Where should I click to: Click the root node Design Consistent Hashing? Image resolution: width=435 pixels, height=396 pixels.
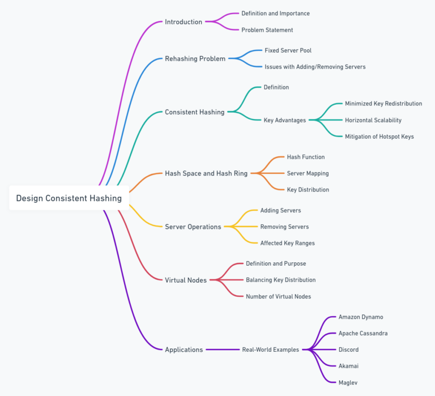pyautogui.click(x=69, y=198)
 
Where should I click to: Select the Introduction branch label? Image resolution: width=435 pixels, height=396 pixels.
pyautogui.click(x=183, y=22)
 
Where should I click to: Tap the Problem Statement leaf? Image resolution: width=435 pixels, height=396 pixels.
pyautogui.click(x=267, y=30)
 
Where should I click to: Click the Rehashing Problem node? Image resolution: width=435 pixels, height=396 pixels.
pyautogui.click(x=195, y=58)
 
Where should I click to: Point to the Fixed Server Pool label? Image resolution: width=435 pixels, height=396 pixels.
pyautogui.click(x=288, y=50)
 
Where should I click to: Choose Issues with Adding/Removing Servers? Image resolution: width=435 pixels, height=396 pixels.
pyautogui.click(x=315, y=67)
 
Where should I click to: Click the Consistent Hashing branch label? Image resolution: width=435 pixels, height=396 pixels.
pyautogui.click(x=194, y=112)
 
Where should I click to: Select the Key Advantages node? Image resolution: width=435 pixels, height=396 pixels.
pyautogui.click(x=284, y=120)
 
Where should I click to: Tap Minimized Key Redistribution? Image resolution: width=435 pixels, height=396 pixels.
pyautogui.click(x=383, y=104)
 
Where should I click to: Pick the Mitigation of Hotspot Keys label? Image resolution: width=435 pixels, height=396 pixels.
pyautogui.click(x=379, y=137)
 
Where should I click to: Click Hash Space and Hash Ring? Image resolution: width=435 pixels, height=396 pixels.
pyautogui.click(x=206, y=173)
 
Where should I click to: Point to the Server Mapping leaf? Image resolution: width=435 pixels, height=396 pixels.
pyautogui.click(x=308, y=173)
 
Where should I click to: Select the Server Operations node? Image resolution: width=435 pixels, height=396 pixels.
pyautogui.click(x=193, y=227)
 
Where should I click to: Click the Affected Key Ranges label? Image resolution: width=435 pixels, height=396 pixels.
pyautogui.click(x=287, y=243)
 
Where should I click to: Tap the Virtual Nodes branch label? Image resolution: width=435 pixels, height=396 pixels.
pyautogui.click(x=185, y=280)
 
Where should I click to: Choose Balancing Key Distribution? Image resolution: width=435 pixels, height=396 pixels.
pyautogui.click(x=280, y=280)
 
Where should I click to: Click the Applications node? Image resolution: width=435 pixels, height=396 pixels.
pyautogui.click(x=184, y=350)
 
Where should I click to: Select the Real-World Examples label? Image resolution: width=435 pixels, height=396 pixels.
pyautogui.click(x=270, y=350)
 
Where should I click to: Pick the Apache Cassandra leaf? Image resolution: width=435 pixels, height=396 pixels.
pyautogui.click(x=362, y=333)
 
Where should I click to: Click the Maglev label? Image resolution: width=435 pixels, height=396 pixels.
pyautogui.click(x=348, y=382)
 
